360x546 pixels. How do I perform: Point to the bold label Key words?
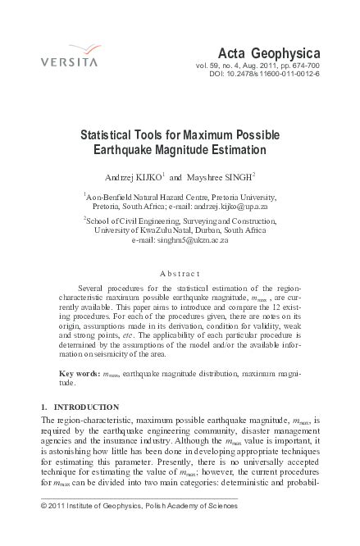point(79,374)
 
